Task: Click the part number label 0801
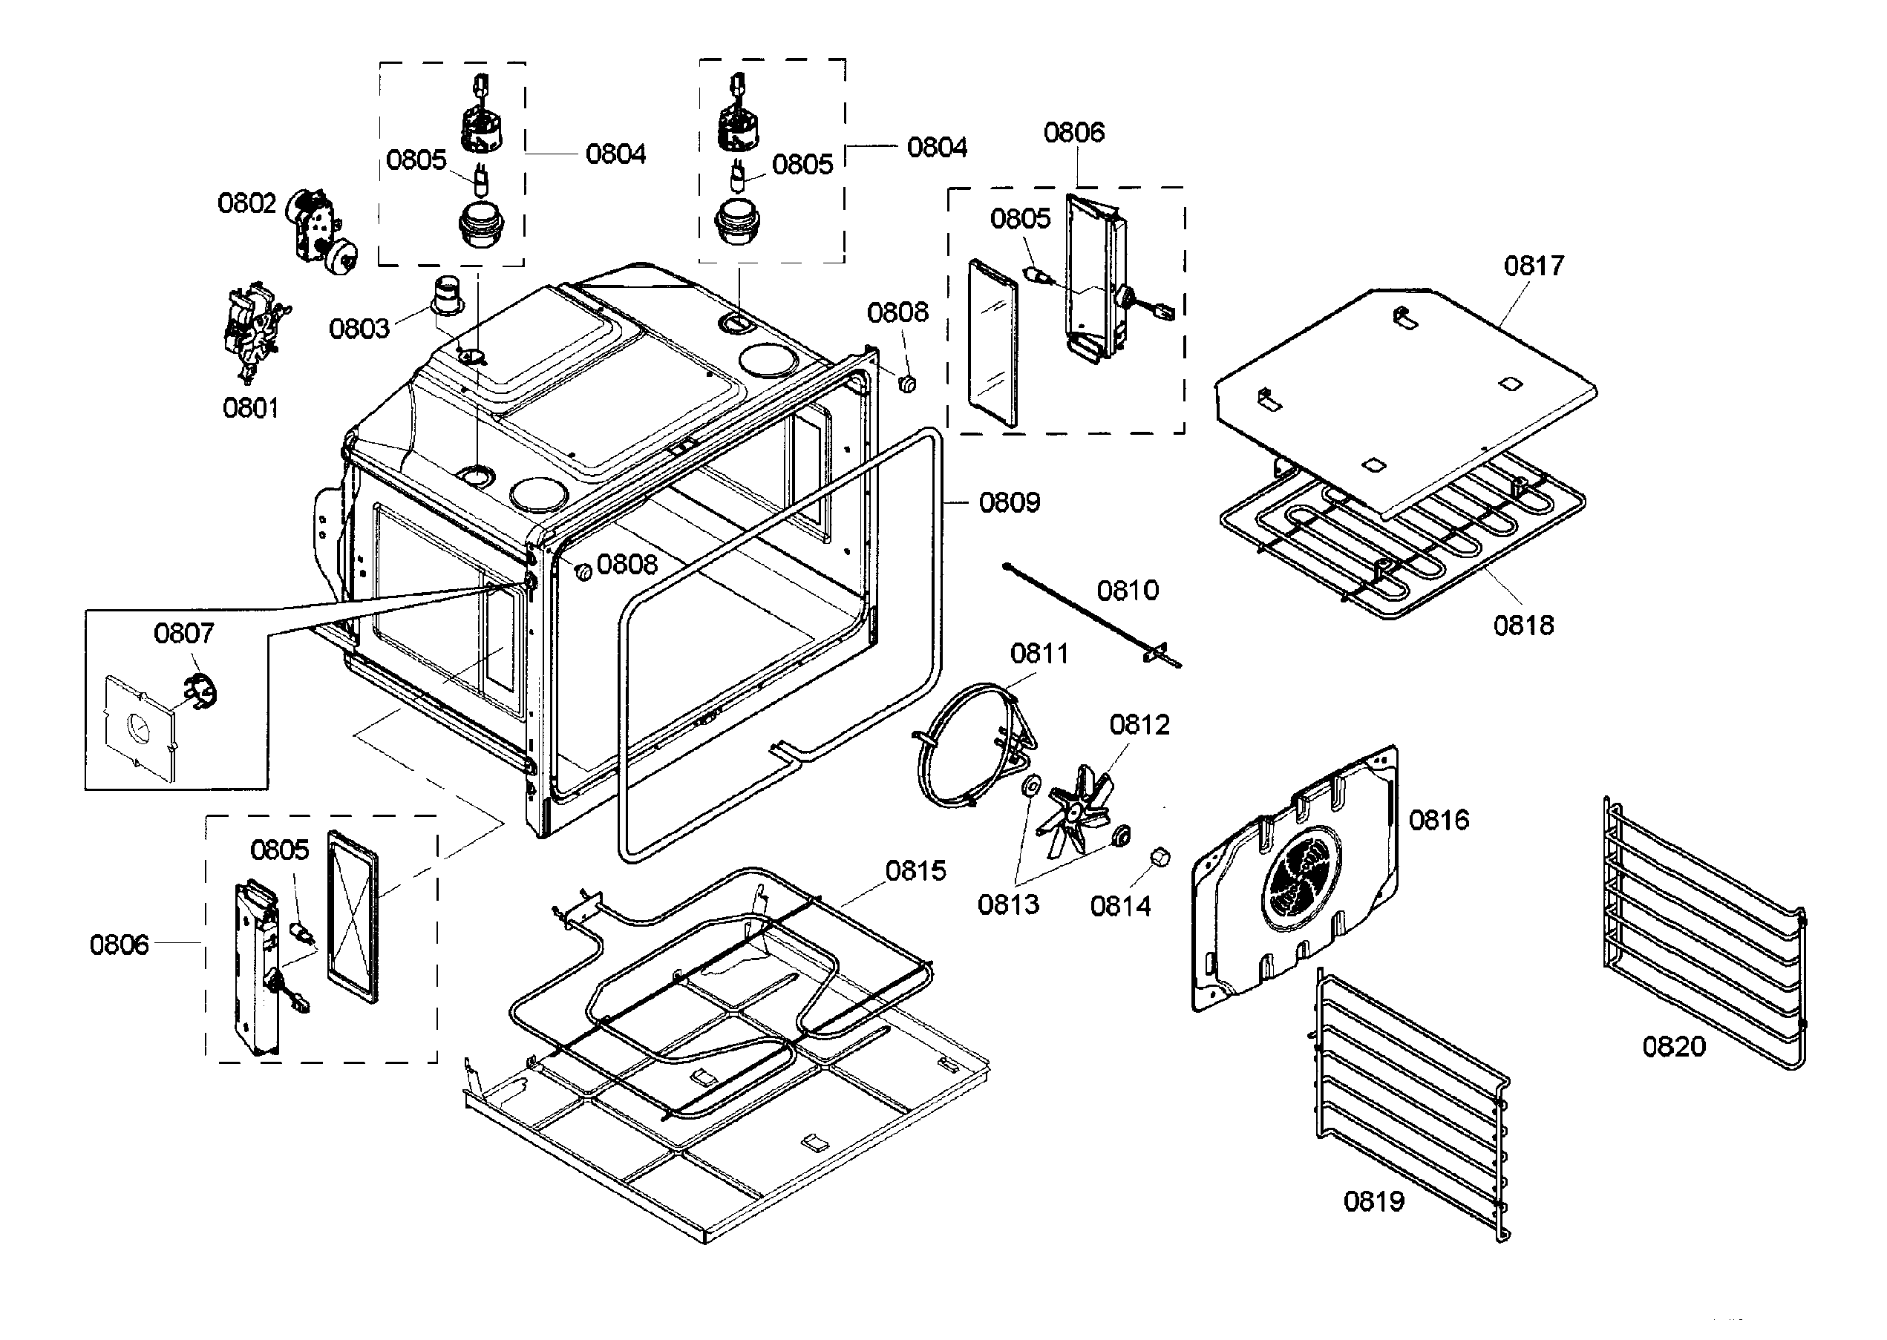(251, 407)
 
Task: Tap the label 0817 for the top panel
(1534, 266)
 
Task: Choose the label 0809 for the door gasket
(1010, 502)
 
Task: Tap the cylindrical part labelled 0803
(451, 295)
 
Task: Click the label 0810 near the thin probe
(1128, 591)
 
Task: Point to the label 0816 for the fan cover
(1439, 820)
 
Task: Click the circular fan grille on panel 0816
(1302, 878)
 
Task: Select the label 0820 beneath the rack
(1673, 1047)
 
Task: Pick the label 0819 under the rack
(1373, 1201)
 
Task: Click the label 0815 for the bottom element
(915, 870)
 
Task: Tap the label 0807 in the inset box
(183, 634)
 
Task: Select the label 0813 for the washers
(1008, 904)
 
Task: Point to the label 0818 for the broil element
(1523, 625)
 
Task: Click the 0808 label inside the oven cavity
(627, 565)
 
